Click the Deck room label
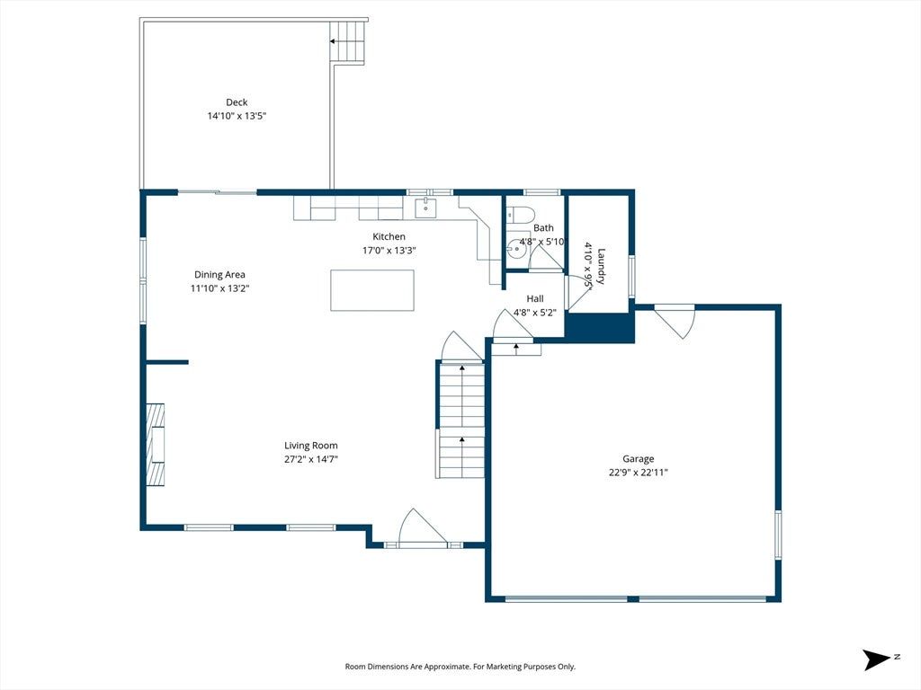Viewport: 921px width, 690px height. click(x=237, y=102)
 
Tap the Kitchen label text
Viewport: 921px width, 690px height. click(x=389, y=236)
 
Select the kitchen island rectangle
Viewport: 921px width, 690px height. click(x=372, y=290)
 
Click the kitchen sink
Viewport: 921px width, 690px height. click(x=425, y=208)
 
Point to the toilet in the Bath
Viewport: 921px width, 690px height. click(x=519, y=215)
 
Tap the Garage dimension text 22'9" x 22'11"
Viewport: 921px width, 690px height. click(x=639, y=473)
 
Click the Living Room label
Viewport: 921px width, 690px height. click(x=310, y=446)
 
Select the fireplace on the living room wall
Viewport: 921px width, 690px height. click(x=155, y=444)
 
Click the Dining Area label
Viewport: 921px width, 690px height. click(x=219, y=275)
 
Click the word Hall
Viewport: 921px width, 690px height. click(x=535, y=298)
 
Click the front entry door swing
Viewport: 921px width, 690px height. click(x=422, y=528)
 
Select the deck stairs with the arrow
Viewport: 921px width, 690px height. click(x=348, y=41)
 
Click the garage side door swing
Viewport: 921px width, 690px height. click(x=675, y=321)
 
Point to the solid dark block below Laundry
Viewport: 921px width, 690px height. click(x=599, y=327)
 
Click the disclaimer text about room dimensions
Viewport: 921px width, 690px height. click(x=460, y=667)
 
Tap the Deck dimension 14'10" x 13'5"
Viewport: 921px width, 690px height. click(x=237, y=116)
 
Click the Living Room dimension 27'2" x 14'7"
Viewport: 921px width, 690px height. click(x=310, y=459)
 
